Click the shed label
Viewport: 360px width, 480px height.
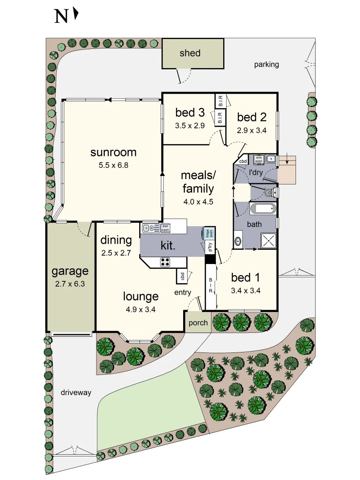tap(190, 53)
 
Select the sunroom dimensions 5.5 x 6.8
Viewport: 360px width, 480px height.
tap(113, 165)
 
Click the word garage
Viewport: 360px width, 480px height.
tap(70, 271)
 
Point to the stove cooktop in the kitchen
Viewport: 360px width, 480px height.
tap(165, 262)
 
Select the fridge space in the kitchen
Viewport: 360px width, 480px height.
tap(207, 233)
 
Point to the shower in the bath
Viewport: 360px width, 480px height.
tap(268, 240)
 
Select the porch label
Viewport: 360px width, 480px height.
tap(198, 323)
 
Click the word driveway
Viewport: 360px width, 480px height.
tap(76, 392)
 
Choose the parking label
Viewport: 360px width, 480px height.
tap(267, 64)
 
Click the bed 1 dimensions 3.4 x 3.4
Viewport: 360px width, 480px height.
tap(245, 292)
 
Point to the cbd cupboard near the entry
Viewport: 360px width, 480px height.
tap(182, 276)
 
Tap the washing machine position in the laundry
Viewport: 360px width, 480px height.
tap(259, 159)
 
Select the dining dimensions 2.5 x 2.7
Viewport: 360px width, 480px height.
tap(116, 253)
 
